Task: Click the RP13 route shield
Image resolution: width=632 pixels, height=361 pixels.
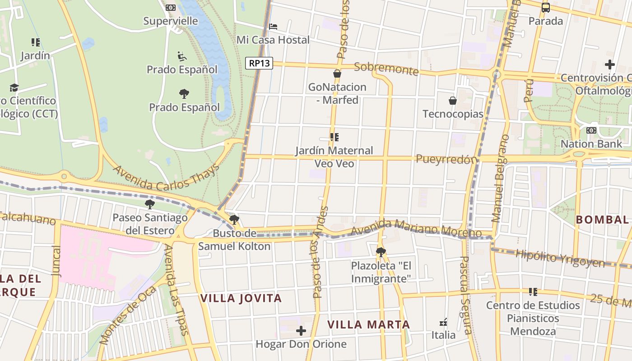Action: coord(259,63)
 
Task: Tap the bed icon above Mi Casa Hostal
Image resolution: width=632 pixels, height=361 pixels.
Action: coord(273,27)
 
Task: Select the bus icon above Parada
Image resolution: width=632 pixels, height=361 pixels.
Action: coord(545,8)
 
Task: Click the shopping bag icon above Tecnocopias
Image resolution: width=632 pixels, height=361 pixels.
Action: coord(452,101)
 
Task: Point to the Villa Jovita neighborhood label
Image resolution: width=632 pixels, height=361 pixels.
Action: coord(241,298)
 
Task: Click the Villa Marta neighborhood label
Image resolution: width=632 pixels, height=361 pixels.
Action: coord(368,324)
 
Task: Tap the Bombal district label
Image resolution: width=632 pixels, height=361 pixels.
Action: coord(602,220)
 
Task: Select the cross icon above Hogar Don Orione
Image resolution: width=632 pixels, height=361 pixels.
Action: coord(301,331)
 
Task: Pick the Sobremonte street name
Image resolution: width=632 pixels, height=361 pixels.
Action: coord(386,69)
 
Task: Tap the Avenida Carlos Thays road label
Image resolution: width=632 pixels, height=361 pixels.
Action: coord(166,177)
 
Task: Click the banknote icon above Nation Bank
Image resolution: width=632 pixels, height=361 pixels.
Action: coord(591,130)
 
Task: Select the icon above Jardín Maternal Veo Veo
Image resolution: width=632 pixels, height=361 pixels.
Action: coord(334,137)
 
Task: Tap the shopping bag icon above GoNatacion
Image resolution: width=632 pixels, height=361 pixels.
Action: coord(337,74)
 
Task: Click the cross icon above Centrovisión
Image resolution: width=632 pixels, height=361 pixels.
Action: coord(610,65)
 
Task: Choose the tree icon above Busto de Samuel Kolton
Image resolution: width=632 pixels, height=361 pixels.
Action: coord(234,220)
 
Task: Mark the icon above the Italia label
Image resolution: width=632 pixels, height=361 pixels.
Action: coord(443,322)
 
